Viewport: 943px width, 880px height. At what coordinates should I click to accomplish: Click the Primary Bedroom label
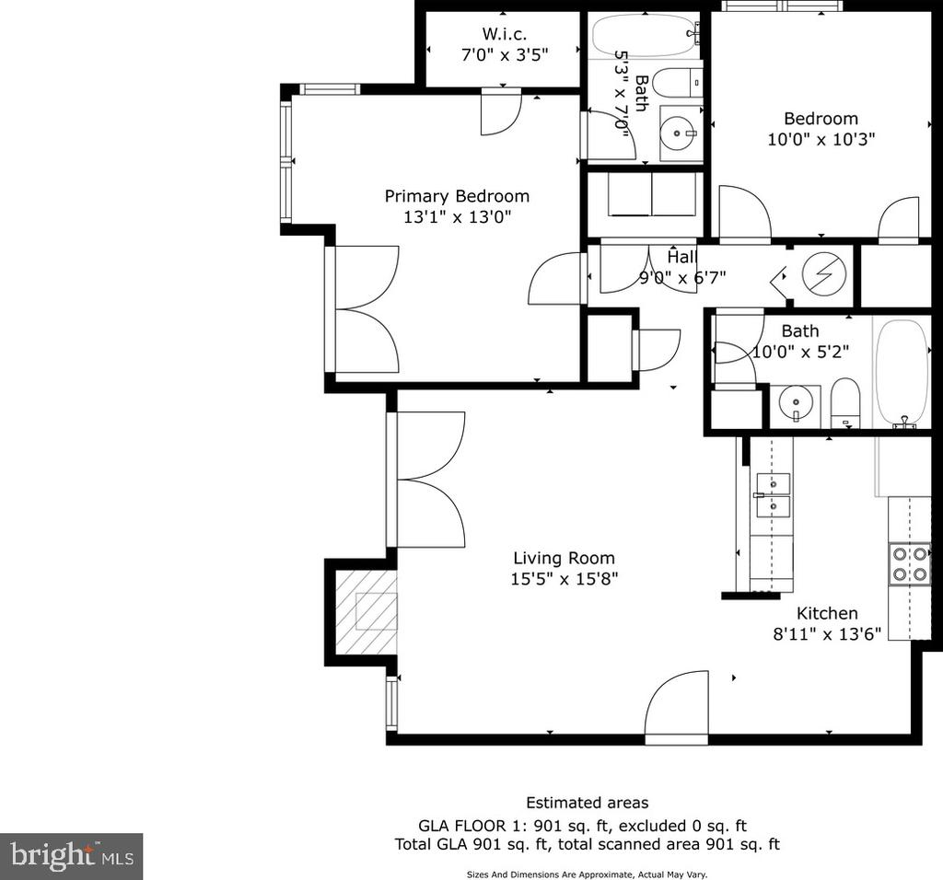[457, 196]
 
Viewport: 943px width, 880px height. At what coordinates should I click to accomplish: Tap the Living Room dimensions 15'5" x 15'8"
[565, 579]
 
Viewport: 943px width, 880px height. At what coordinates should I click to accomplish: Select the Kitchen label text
[827, 613]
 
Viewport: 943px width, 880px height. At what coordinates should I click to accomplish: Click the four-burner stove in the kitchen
[909, 564]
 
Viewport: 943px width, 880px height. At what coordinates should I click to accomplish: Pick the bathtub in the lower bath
[902, 374]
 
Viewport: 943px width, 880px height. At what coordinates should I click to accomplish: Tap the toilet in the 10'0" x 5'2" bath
[845, 402]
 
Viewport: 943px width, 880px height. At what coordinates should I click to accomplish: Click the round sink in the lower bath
[795, 403]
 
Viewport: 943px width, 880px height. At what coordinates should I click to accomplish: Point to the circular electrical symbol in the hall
[824, 272]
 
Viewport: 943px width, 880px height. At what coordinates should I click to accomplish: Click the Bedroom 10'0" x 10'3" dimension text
[821, 139]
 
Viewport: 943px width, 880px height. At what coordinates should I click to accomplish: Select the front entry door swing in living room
[677, 702]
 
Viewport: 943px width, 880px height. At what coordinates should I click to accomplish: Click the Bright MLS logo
[71, 856]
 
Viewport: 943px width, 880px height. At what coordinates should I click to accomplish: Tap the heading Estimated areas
[587, 803]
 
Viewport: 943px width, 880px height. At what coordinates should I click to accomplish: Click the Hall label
[682, 257]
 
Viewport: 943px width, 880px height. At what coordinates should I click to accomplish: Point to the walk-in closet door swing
[500, 111]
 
